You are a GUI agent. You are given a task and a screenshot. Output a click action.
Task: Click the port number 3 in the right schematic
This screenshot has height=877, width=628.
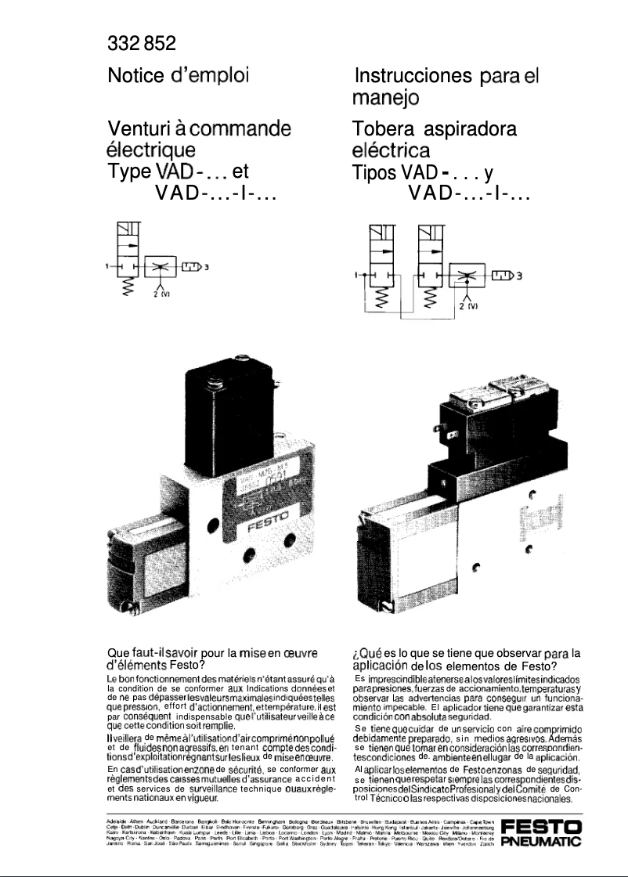pos(518,275)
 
